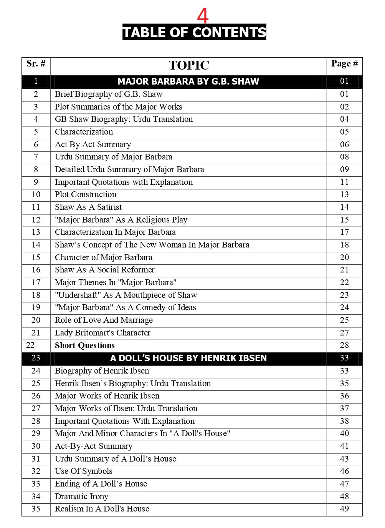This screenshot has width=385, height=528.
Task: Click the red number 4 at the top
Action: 203,16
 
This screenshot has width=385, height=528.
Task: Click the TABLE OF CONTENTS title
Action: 194,32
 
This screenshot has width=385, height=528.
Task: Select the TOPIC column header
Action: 189,65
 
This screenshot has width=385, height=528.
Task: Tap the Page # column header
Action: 344,64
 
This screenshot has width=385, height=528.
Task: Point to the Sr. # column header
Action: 36,64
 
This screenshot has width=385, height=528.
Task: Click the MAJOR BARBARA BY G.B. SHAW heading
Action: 188,81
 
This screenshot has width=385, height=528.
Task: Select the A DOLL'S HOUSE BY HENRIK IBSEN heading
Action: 188,358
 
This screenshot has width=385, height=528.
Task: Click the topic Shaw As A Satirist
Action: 88,207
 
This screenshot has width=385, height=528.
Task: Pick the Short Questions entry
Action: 85,345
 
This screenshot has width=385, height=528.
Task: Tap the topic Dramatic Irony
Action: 81,496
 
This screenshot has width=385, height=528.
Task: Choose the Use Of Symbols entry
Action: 84,471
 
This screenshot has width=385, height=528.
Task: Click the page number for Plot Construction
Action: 344,194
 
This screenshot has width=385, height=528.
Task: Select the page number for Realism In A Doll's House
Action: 344,509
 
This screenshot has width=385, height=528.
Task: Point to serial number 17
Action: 36,282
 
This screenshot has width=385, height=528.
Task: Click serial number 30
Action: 36,446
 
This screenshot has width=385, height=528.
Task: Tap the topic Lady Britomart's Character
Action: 102,333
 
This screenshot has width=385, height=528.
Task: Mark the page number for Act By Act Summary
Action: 344,144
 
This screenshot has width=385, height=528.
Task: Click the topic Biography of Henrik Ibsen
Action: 102,371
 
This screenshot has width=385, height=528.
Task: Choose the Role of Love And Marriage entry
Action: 104,320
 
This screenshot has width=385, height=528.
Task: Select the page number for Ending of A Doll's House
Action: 344,484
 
